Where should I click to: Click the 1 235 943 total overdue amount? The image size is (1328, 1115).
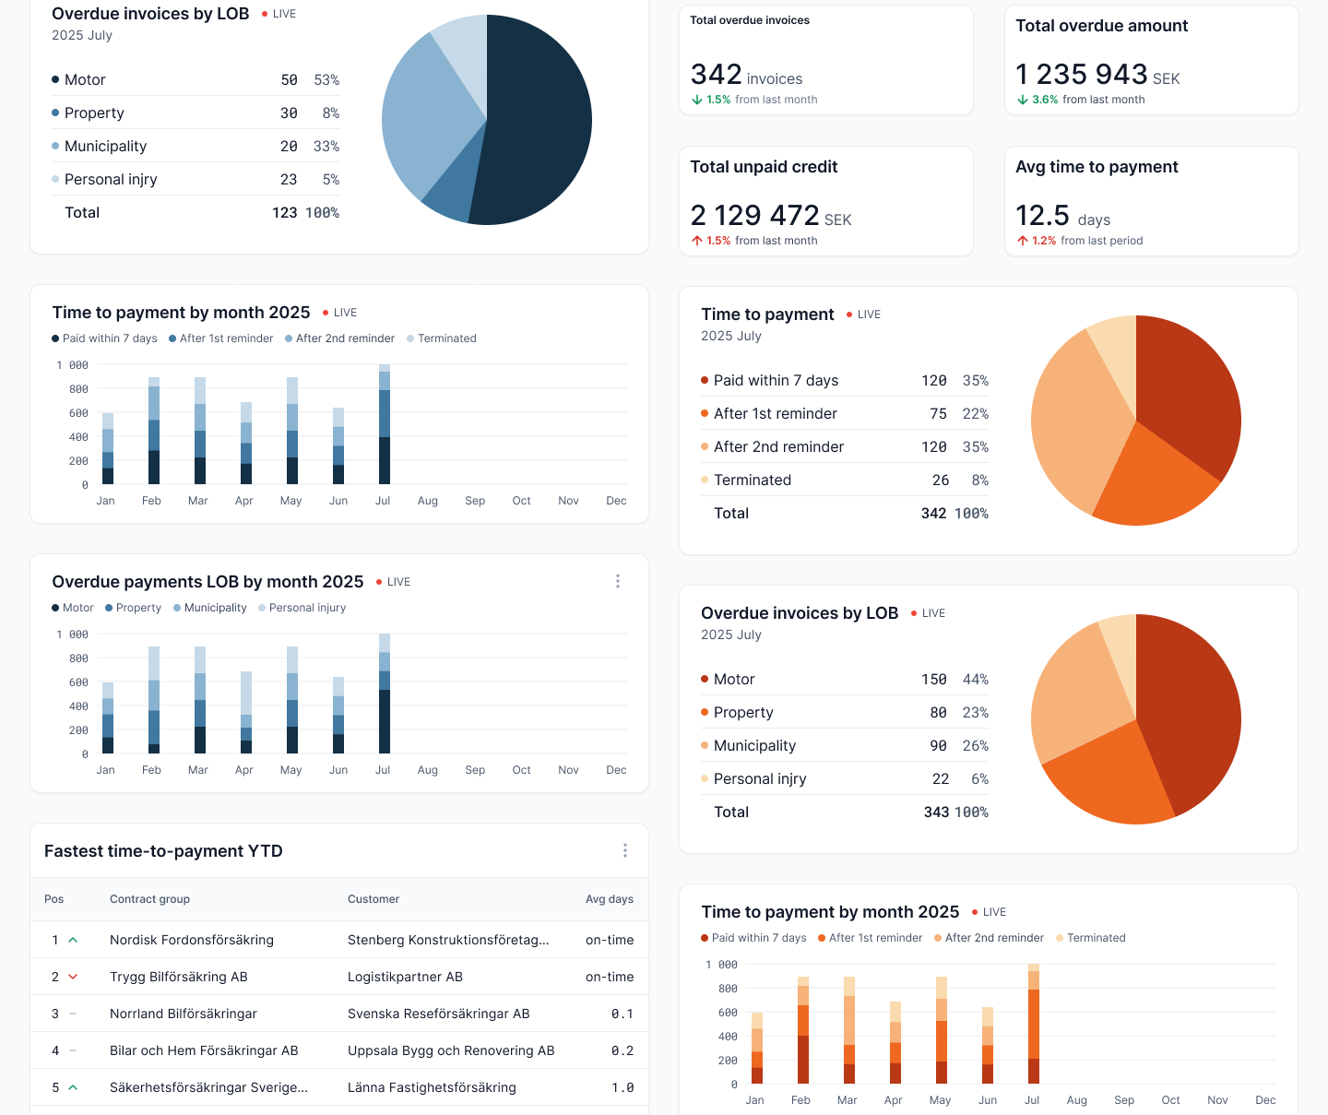(1081, 74)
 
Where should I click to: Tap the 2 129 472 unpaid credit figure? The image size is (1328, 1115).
(754, 215)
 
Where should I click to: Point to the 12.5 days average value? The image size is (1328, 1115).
(1042, 215)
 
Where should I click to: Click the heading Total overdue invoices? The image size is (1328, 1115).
(750, 20)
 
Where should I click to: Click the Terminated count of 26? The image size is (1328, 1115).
(940, 480)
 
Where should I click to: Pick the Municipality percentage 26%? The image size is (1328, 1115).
(975, 745)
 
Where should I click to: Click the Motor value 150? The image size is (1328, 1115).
(933, 679)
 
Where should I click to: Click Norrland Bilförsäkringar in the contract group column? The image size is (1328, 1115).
(183, 1014)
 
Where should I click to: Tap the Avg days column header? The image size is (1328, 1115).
(609, 899)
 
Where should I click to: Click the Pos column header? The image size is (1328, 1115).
(54, 899)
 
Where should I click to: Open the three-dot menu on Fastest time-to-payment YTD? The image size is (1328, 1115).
(625, 850)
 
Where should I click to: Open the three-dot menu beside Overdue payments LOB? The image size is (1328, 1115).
(618, 581)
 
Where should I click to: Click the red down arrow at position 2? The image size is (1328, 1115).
(73, 977)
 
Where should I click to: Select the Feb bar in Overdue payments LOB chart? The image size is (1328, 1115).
(154, 700)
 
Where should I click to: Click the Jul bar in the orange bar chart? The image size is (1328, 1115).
(1034, 1024)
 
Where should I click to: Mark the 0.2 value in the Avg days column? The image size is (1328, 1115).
(622, 1050)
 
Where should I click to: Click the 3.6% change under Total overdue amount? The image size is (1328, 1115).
(1044, 100)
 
